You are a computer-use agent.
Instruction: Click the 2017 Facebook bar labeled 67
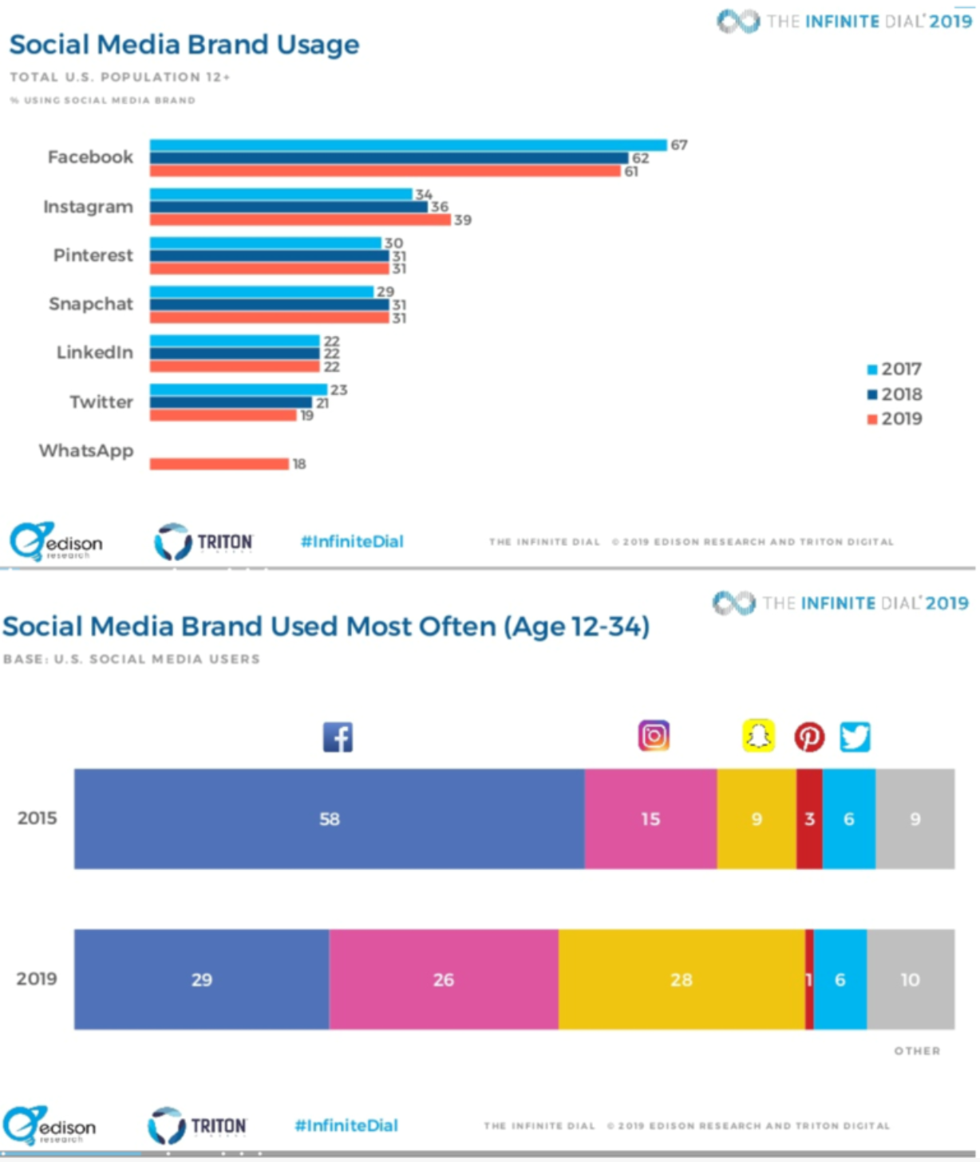(408, 145)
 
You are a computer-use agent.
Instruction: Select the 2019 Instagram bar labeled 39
(300, 219)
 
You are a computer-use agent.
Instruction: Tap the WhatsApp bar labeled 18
(219, 464)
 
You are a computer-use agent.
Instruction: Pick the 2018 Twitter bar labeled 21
(231, 402)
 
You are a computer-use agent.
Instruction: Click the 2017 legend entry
(895, 369)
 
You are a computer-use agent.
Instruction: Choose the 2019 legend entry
(895, 418)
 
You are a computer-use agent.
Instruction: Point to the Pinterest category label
(93, 255)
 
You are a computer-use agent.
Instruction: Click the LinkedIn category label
(94, 353)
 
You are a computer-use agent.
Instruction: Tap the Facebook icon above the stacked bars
(338, 737)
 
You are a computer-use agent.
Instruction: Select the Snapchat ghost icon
(758, 736)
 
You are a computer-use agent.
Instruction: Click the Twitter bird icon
(855, 737)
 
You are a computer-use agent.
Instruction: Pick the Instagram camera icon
(654, 736)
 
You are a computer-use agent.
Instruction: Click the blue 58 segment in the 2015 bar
(329, 819)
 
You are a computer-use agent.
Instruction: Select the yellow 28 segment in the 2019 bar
(681, 979)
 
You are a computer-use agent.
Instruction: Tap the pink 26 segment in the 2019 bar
(443, 979)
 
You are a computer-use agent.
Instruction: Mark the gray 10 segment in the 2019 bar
(911, 979)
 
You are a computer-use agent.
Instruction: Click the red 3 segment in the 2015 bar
(809, 819)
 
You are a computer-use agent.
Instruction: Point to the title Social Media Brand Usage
(184, 45)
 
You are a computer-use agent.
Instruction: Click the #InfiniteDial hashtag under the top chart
(352, 542)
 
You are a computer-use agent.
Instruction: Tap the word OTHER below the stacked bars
(917, 1051)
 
